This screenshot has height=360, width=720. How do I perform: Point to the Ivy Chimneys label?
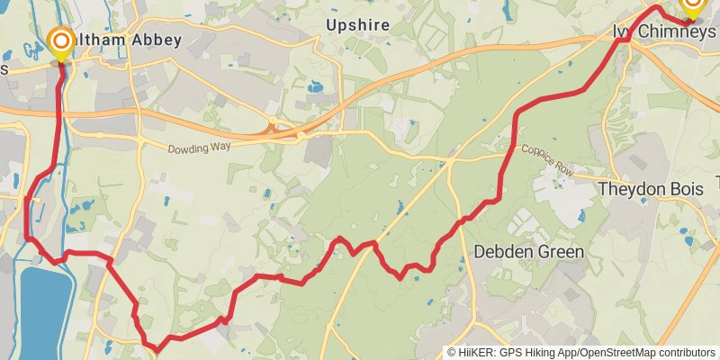664,31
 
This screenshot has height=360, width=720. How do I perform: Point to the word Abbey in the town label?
158,40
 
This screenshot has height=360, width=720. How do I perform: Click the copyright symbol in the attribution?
452,353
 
